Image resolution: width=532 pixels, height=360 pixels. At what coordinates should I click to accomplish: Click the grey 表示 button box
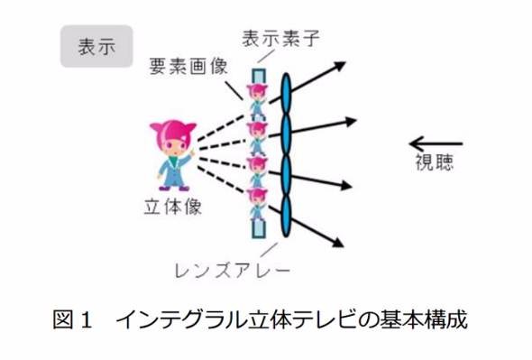pyautogui.click(x=96, y=46)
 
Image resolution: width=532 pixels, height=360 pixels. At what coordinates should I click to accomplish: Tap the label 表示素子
pyautogui.click(x=280, y=39)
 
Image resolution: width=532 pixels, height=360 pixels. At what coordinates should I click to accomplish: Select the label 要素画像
pyautogui.click(x=188, y=66)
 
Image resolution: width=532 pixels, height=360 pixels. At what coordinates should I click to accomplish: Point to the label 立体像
pyautogui.click(x=173, y=207)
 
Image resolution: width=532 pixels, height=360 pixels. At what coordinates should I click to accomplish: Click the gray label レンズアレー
pyautogui.click(x=233, y=271)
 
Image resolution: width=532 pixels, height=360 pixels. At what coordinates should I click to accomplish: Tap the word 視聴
pyautogui.click(x=435, y=162)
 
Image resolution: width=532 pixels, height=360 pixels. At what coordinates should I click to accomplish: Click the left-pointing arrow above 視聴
pyautogui.click(x=436, y=143)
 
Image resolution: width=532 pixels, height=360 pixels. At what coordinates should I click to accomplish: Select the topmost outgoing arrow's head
pyautogui.click(x=339, y=65)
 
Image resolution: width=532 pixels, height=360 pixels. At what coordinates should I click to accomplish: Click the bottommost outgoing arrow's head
pyautogui.click(x=337, y=242)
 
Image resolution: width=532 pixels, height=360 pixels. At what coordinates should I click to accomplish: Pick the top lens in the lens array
pyautogui.click(x=287, y=94)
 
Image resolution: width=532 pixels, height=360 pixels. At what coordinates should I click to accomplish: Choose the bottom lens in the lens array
pyautogui.click(x=287, y=215)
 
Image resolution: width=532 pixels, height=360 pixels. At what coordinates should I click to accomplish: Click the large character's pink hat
pyautogui.click(x=173, y=134)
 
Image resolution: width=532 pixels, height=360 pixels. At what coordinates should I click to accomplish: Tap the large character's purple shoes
pyautogui.click(x=174, y=188)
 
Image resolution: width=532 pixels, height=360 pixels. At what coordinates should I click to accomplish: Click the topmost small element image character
pyautogui.click(x=257, y=101)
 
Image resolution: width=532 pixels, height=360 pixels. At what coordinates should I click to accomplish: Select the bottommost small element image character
pyautogui.click(x=257, y=205)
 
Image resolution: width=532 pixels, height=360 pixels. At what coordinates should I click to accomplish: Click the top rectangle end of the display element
pyautogui.click(x=258, y=76)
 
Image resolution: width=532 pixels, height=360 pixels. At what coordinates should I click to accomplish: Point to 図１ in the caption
pyautogui.click(x=73, y=319)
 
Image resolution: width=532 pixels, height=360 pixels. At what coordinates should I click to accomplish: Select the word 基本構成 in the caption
pyautogui.click(x=424, y=319)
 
